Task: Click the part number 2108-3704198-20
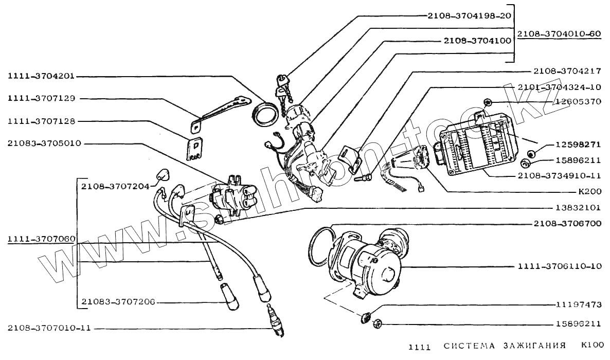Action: pyautogui.click(x=469, y=15)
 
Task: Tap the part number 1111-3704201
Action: pyautogui.click(x=41, y=76)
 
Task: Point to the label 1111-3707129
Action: pyautogui.click(x=41, y=98)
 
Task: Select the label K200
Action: pyautogui.click(x=589, y=192)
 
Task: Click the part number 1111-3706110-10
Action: pyautogui.click(x=560, y=267)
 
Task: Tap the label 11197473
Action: pyautogui.click(x=579, y=304)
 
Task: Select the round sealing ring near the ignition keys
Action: pyautogui.click(x=265, y=114)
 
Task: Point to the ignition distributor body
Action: pyautogui.click(x=368, y=262)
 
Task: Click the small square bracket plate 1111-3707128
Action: pyautogui.click(x=195, y=149)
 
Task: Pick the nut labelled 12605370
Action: pyautogui.click(x=488, y=101)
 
